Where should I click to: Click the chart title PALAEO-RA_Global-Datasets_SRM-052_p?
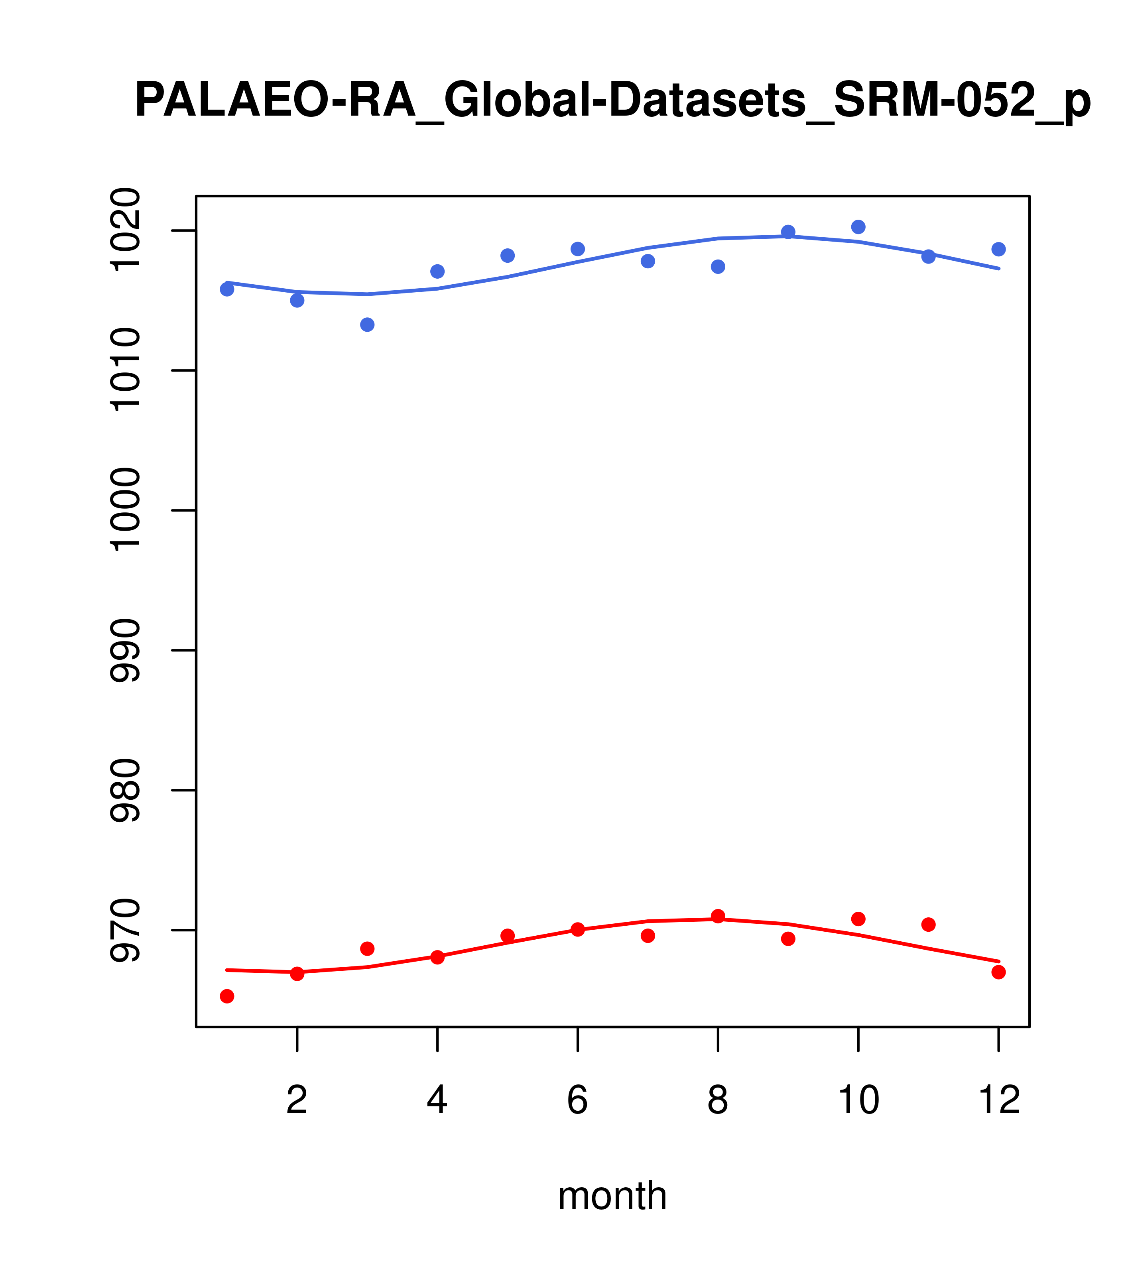tap(612, 101)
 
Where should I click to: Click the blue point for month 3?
tap(368, 325)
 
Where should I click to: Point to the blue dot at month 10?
tap(858, 227)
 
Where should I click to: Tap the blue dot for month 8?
tap(718, 267)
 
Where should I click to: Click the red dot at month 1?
tap(227, 996)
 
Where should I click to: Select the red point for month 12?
tap(999, 972)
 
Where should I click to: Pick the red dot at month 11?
tap(929, 925)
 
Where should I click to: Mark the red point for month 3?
tap(368, 948)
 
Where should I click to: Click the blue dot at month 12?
tap(999, 249)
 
